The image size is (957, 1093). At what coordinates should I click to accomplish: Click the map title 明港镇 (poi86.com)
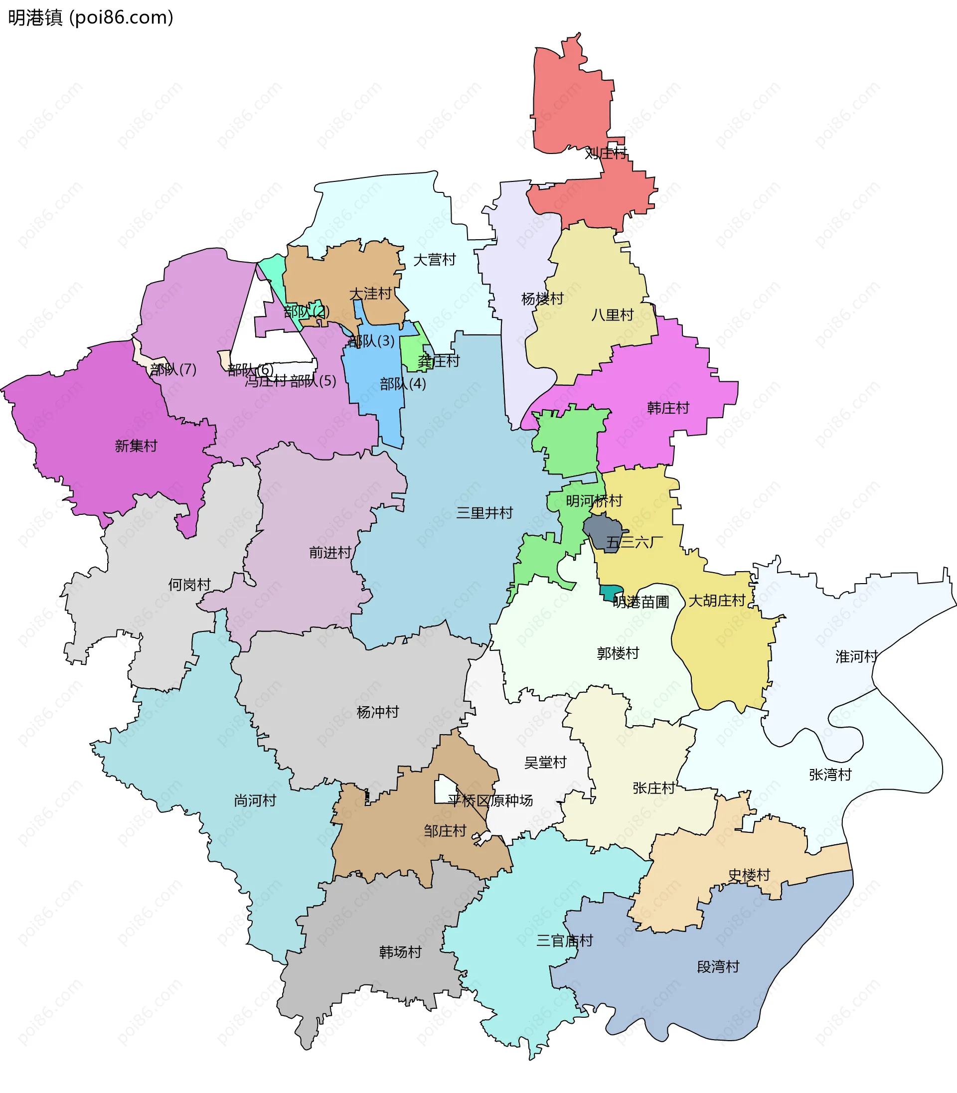pyautogui.click(x=91, y=17)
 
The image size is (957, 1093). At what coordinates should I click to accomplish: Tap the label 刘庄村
pyautogui.click(x=606, y=154)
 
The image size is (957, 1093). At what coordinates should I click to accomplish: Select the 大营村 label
pyautogui.click(x=434, y=260)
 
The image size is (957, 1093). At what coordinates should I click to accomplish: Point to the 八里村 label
pyautogui.click(x=612, y=315)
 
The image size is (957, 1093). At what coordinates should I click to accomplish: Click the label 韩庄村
pyautogui.click(x=667, y=409)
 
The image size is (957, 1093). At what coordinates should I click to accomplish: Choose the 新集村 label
pyautogui.click(x=136, y=446)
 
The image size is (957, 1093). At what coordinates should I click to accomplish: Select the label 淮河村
pyautogui.click(x=857, y=657)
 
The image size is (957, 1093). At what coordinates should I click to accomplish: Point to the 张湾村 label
pyautogui.click(x=830, y=775)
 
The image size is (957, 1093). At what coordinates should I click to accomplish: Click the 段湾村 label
pyautogui.click(x=718, y=967)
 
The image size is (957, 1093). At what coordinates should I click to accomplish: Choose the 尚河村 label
pyautogui.click(x=255, y=800)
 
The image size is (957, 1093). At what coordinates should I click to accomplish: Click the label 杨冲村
pyautogui.click(x=378, y=712)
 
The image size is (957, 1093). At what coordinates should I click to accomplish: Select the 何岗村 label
pyautogui.click(x=189, y=585)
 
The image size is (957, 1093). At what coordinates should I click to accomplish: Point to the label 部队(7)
pyautogui.click(x=173, y=369)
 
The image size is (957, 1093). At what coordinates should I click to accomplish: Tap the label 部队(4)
pyautogui.click(x=403, y=384)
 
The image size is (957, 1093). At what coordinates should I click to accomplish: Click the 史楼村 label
pyautogui.click(x=749, y=875)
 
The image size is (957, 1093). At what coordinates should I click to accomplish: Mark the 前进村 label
pyautogui.click(x=330, y=553)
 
